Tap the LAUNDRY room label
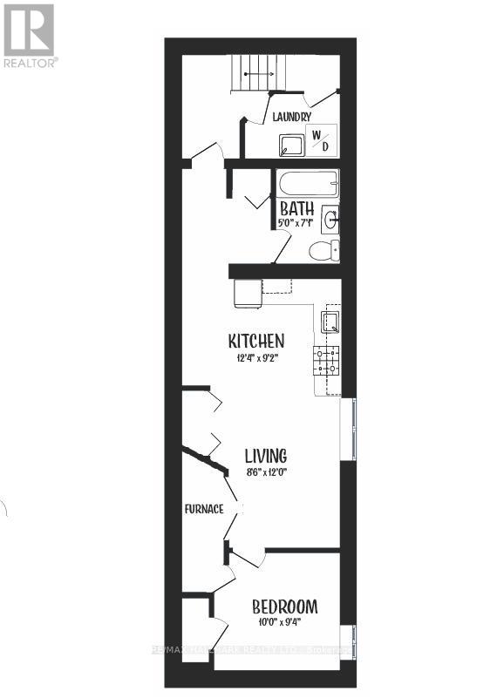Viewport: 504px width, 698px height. pyautogui.click(x=291, y=117)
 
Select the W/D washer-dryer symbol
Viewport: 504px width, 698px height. pyautogui.click(x=320, y=140)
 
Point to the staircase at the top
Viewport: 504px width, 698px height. pyautogui.click(x=256, y=71)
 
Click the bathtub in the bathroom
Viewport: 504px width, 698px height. pyautogui.click(x=308, y=185)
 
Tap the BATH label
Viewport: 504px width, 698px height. pyautogui.click(x=297, y=209)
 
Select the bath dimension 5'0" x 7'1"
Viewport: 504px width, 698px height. pyautogui.click(x=297, y=224)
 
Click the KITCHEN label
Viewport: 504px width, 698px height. pyautogui.click(x=256, y=340)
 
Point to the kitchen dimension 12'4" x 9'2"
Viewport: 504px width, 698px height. pyautogui.click(x=256, y=357)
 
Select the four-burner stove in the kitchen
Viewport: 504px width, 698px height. pyautogui.click(x=327, y=359)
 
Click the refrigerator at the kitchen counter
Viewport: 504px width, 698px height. pyautogui.click(x=246, y=294)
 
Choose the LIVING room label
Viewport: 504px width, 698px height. pyautogui.click(x=265, y=456)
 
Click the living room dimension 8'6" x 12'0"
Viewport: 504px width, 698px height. pyautogui.click(x=265, y=472)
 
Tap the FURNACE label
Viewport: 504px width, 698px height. pyautogui.click(x=204, y=509)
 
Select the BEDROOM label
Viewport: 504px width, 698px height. pyautogui.click(x=284, y=607)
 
